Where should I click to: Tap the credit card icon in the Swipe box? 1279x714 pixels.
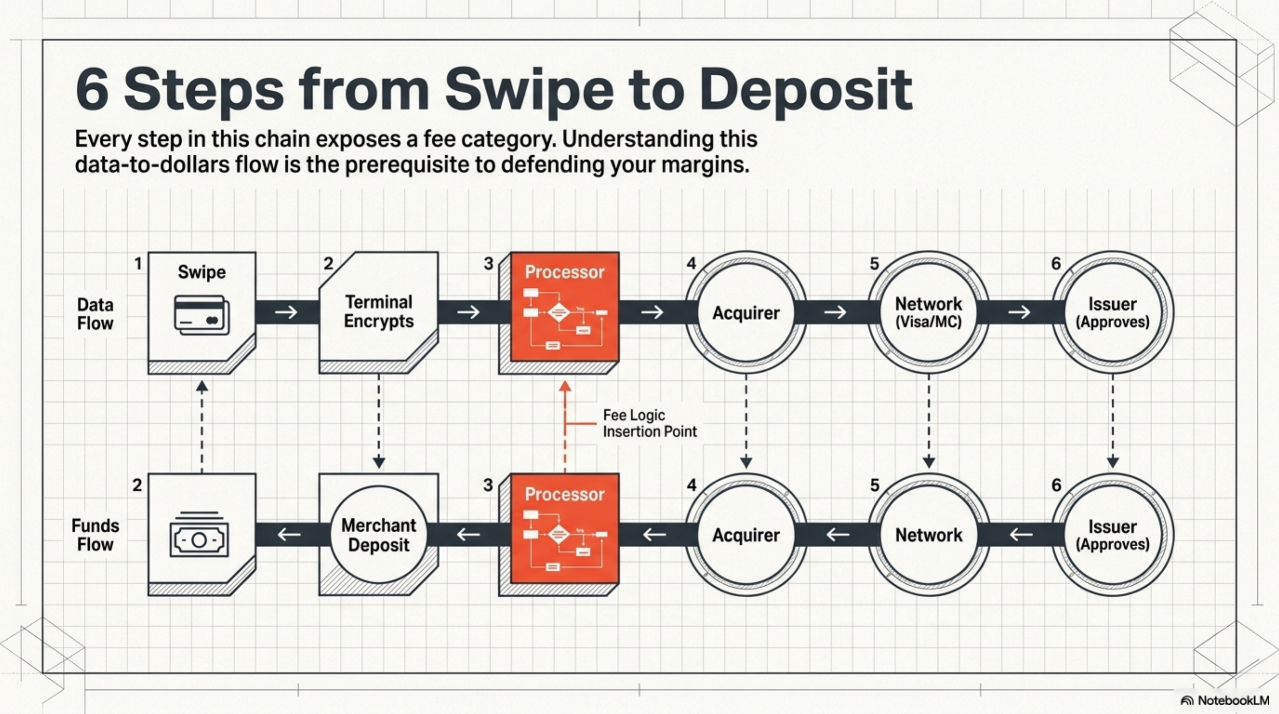point(202,315)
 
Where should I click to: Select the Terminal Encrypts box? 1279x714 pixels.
point(378,312)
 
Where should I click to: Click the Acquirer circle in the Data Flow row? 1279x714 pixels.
point(746,312)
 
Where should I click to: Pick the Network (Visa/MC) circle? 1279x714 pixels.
point(929,312)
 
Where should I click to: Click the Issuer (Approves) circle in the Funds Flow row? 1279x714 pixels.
point(1113,535)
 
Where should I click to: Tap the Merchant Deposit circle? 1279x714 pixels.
point(379,535)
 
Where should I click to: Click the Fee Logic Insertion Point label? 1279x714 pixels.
point(649,423)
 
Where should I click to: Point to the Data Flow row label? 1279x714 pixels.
point(95,314)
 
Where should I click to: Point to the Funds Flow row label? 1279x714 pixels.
point(95,535)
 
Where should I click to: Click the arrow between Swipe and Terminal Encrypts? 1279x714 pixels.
point(286,312)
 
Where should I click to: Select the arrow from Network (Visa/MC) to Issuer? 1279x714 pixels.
point(1019,312)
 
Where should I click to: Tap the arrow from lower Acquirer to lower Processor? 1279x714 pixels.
point(654,535)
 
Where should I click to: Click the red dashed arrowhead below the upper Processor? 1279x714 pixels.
point(565,387)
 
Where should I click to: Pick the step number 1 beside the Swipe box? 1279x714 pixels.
point(138,263)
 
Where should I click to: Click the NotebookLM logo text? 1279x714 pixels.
point(1233,700)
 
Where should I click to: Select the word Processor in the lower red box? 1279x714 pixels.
point(565,494)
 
